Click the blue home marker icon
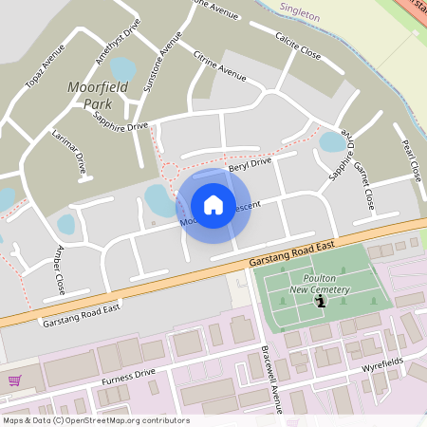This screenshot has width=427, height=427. tap(213, 204)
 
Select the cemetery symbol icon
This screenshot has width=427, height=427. tap(321, 302)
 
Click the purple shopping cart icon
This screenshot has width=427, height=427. tap(14, 381)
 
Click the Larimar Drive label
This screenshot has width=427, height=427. tap(69, 149)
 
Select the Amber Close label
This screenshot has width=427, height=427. tap(60, 271)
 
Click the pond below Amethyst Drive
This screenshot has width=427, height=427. tap(121, 68)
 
